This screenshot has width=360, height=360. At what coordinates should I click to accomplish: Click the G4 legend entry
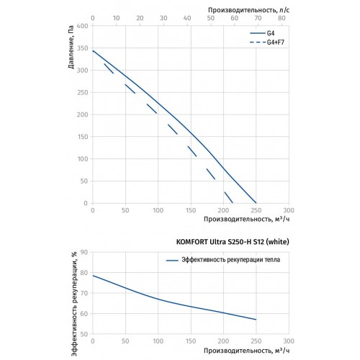[262, 33]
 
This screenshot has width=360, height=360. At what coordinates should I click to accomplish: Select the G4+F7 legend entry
[267, 42]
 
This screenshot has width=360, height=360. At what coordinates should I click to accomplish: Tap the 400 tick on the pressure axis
[83, 26]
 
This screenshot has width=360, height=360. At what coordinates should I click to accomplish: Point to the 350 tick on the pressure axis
[83, 48]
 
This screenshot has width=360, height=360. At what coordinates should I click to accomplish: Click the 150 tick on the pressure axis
[83, 137]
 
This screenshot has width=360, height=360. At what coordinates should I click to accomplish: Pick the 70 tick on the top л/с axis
[258, 18]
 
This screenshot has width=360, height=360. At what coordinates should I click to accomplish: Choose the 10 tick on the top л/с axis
[116, 18]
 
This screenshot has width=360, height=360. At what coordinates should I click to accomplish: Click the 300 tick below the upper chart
[289, 210]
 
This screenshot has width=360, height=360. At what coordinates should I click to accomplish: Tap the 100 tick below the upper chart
[158, 210]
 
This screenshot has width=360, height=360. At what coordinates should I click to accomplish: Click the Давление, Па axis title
[71, 47]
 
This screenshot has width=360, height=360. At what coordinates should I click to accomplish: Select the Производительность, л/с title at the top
[248, 10]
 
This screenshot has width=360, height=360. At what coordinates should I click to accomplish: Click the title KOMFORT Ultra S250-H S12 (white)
[233, 242]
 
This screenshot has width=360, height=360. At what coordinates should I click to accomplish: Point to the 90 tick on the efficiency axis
[84, 252]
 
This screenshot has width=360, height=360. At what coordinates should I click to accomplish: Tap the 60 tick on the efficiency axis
[84, 313]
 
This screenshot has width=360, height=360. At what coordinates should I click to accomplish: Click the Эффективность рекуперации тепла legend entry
[223, 260]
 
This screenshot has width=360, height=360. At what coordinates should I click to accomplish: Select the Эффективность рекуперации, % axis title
[74, 304]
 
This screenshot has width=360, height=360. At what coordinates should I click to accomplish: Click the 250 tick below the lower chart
[256, 341]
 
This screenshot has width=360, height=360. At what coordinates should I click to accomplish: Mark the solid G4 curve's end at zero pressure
[256, 203]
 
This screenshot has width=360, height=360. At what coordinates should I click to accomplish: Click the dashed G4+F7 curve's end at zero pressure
[233, 203]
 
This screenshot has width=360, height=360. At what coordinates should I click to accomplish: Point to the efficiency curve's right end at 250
[256, 320]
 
